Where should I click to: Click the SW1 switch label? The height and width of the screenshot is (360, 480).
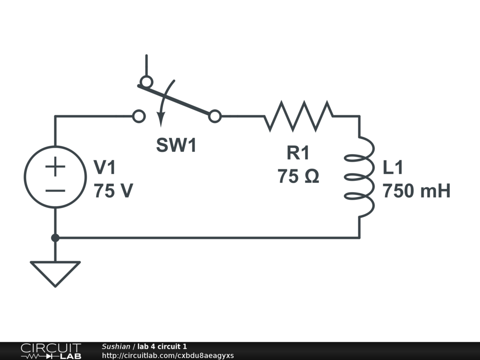[x=176, y=146]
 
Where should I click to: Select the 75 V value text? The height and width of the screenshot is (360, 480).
[x=113, y=191]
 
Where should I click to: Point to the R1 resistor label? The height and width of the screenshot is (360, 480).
[x=298, y=153]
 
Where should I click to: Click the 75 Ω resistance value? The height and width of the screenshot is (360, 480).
[x=298, y=177]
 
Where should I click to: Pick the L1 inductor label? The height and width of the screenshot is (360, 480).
[x=393, y=167]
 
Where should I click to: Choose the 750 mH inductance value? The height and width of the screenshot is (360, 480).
[x=417, y=191]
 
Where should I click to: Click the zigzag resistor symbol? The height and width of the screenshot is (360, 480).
[x=299, y=116]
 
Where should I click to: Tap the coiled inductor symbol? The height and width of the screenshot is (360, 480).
[x=361, y=177]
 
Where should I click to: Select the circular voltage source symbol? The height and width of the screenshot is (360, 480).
[x=55, y=177]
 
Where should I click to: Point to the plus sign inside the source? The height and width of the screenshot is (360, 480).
[x=55, y=166]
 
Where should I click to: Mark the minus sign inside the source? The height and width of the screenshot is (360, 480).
[x=55, y=190]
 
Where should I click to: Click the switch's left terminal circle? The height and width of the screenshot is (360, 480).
[x=139, y=116]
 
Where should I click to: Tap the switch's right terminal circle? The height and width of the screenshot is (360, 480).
[x=215, y=116]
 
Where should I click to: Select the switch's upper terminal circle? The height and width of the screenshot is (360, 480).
[x=146, y=82]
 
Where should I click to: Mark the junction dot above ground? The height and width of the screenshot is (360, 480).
[x=55, y=238]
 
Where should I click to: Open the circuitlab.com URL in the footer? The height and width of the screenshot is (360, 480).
[x=168, y=355]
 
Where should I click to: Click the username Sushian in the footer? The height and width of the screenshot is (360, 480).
[x=116, y=346]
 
